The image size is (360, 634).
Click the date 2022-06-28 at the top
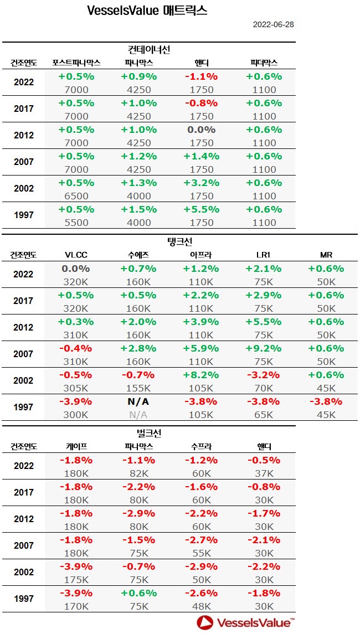(x=274, y=24)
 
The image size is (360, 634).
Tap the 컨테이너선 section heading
(x=148, y=49)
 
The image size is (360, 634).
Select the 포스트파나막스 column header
(x=76, y=63)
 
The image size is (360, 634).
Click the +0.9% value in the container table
(x=138, y=76)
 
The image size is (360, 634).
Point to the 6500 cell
(x=76, y=196)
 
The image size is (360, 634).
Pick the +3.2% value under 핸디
(x=202, y=183)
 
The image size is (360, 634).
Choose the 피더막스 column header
(x=264, y=63)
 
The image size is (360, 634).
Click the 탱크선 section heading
(x=179, y=241)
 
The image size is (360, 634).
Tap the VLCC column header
(x=76, y=255)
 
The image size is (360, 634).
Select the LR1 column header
(x=264, y=255)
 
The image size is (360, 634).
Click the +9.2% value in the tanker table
(x=264, y=348)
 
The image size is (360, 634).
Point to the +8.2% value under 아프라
(x=202, y=374)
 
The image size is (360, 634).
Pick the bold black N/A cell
(x=138, y=401)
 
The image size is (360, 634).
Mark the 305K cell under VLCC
(x=76, y=388)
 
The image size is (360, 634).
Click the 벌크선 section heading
(x=148, y=433)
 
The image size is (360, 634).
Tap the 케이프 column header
(x=76, y=446)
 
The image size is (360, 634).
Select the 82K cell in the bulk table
(x=138, y=473)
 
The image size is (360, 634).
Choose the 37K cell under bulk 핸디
(x=264, y=473)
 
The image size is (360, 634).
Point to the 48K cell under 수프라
(x=202, y=606)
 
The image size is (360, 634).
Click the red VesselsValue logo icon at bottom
(x=206, y=622)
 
